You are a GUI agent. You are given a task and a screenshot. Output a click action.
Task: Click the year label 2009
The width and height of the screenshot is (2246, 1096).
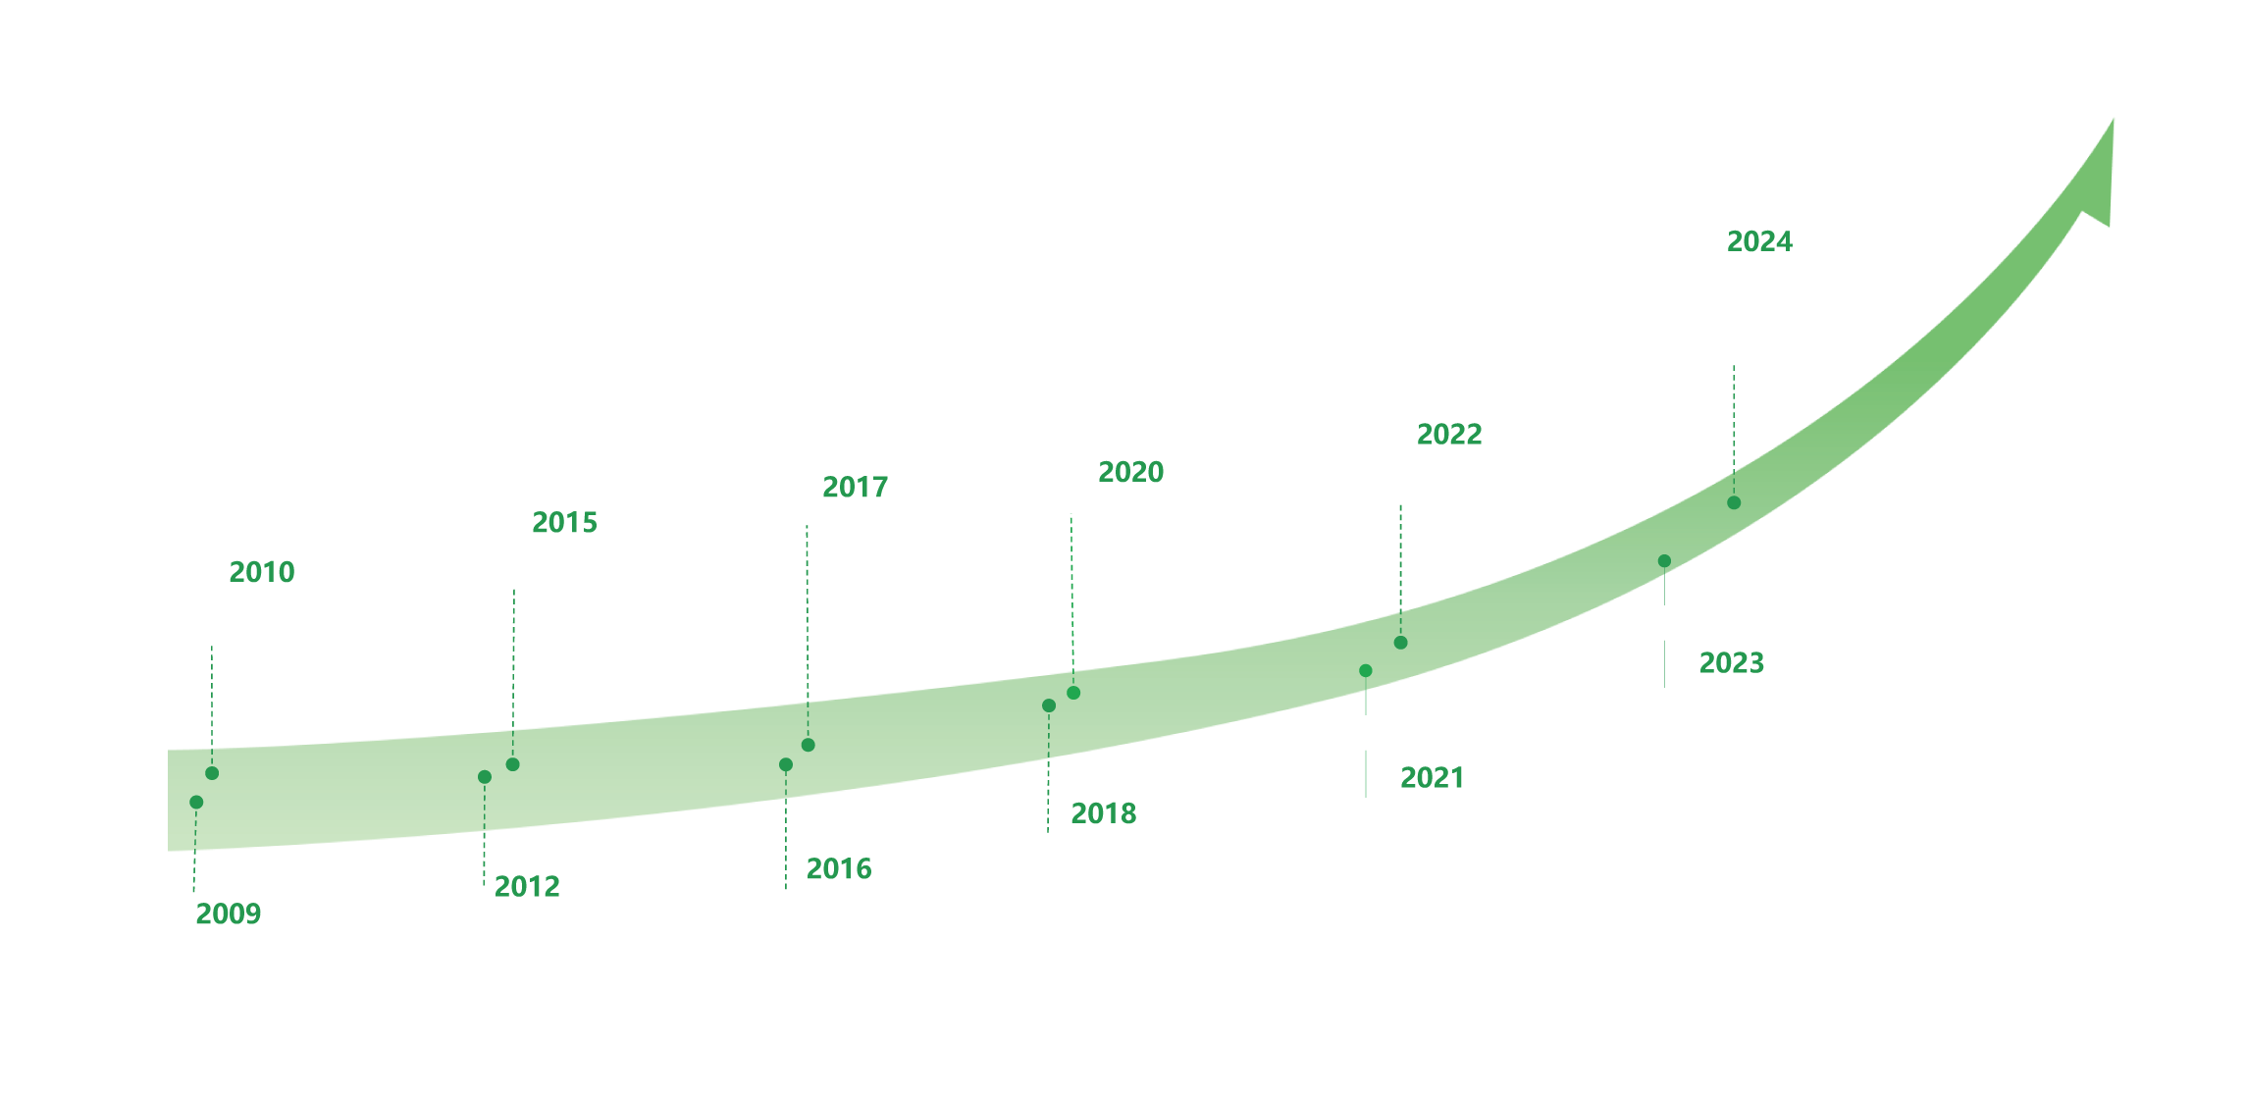[228, 913]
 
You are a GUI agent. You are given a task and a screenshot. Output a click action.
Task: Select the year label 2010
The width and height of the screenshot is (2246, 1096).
[261, 571]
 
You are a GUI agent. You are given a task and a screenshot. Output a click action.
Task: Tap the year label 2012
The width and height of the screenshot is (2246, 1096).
[527, 886]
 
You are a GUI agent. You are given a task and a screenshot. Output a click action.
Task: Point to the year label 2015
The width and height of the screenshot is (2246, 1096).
[564, 522]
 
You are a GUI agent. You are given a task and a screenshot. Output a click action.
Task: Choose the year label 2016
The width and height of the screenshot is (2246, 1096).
[839, 868]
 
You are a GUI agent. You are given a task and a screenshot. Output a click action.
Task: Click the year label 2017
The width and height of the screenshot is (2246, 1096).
[855, 487]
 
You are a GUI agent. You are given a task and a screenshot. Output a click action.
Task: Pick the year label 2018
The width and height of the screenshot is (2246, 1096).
[1103, 813]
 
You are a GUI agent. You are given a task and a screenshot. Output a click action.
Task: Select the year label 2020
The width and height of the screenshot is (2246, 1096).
[1130, 472]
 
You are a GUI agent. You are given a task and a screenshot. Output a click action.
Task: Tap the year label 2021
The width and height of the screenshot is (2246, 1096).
[1432, 778]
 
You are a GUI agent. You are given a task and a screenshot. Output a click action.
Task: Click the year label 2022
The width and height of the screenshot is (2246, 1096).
[1449, 434]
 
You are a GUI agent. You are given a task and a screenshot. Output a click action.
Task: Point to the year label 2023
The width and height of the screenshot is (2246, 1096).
[1731, 662]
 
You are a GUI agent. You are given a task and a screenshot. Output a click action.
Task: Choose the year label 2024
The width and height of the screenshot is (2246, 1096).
[1759, 241]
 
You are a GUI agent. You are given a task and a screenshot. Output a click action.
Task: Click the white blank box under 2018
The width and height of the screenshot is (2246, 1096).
[1209, 878]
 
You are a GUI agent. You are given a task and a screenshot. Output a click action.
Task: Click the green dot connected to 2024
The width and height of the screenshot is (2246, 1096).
[1734, 502]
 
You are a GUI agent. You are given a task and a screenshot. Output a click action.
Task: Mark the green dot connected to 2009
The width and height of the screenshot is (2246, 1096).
[196, 802]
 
